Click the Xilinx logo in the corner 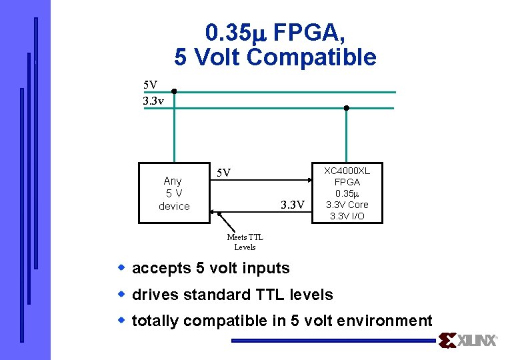coord(468,341)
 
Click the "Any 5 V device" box coord(173,193)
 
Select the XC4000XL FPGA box coord(347,193)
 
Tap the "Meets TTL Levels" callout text coord(245,242)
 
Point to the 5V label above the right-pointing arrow coord(225,173)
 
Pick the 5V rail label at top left coord(151,85)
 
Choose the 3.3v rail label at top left coord(153,101)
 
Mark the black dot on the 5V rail coord(173,92)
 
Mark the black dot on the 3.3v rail coord(346,108)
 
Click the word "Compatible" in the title coord(311,57)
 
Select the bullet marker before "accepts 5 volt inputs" coord(122,267)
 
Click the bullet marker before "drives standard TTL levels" coord(122,294)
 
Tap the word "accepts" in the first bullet coord(161,268)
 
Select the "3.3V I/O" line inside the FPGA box coord(347,216)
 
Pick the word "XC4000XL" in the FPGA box coord(347,171)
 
